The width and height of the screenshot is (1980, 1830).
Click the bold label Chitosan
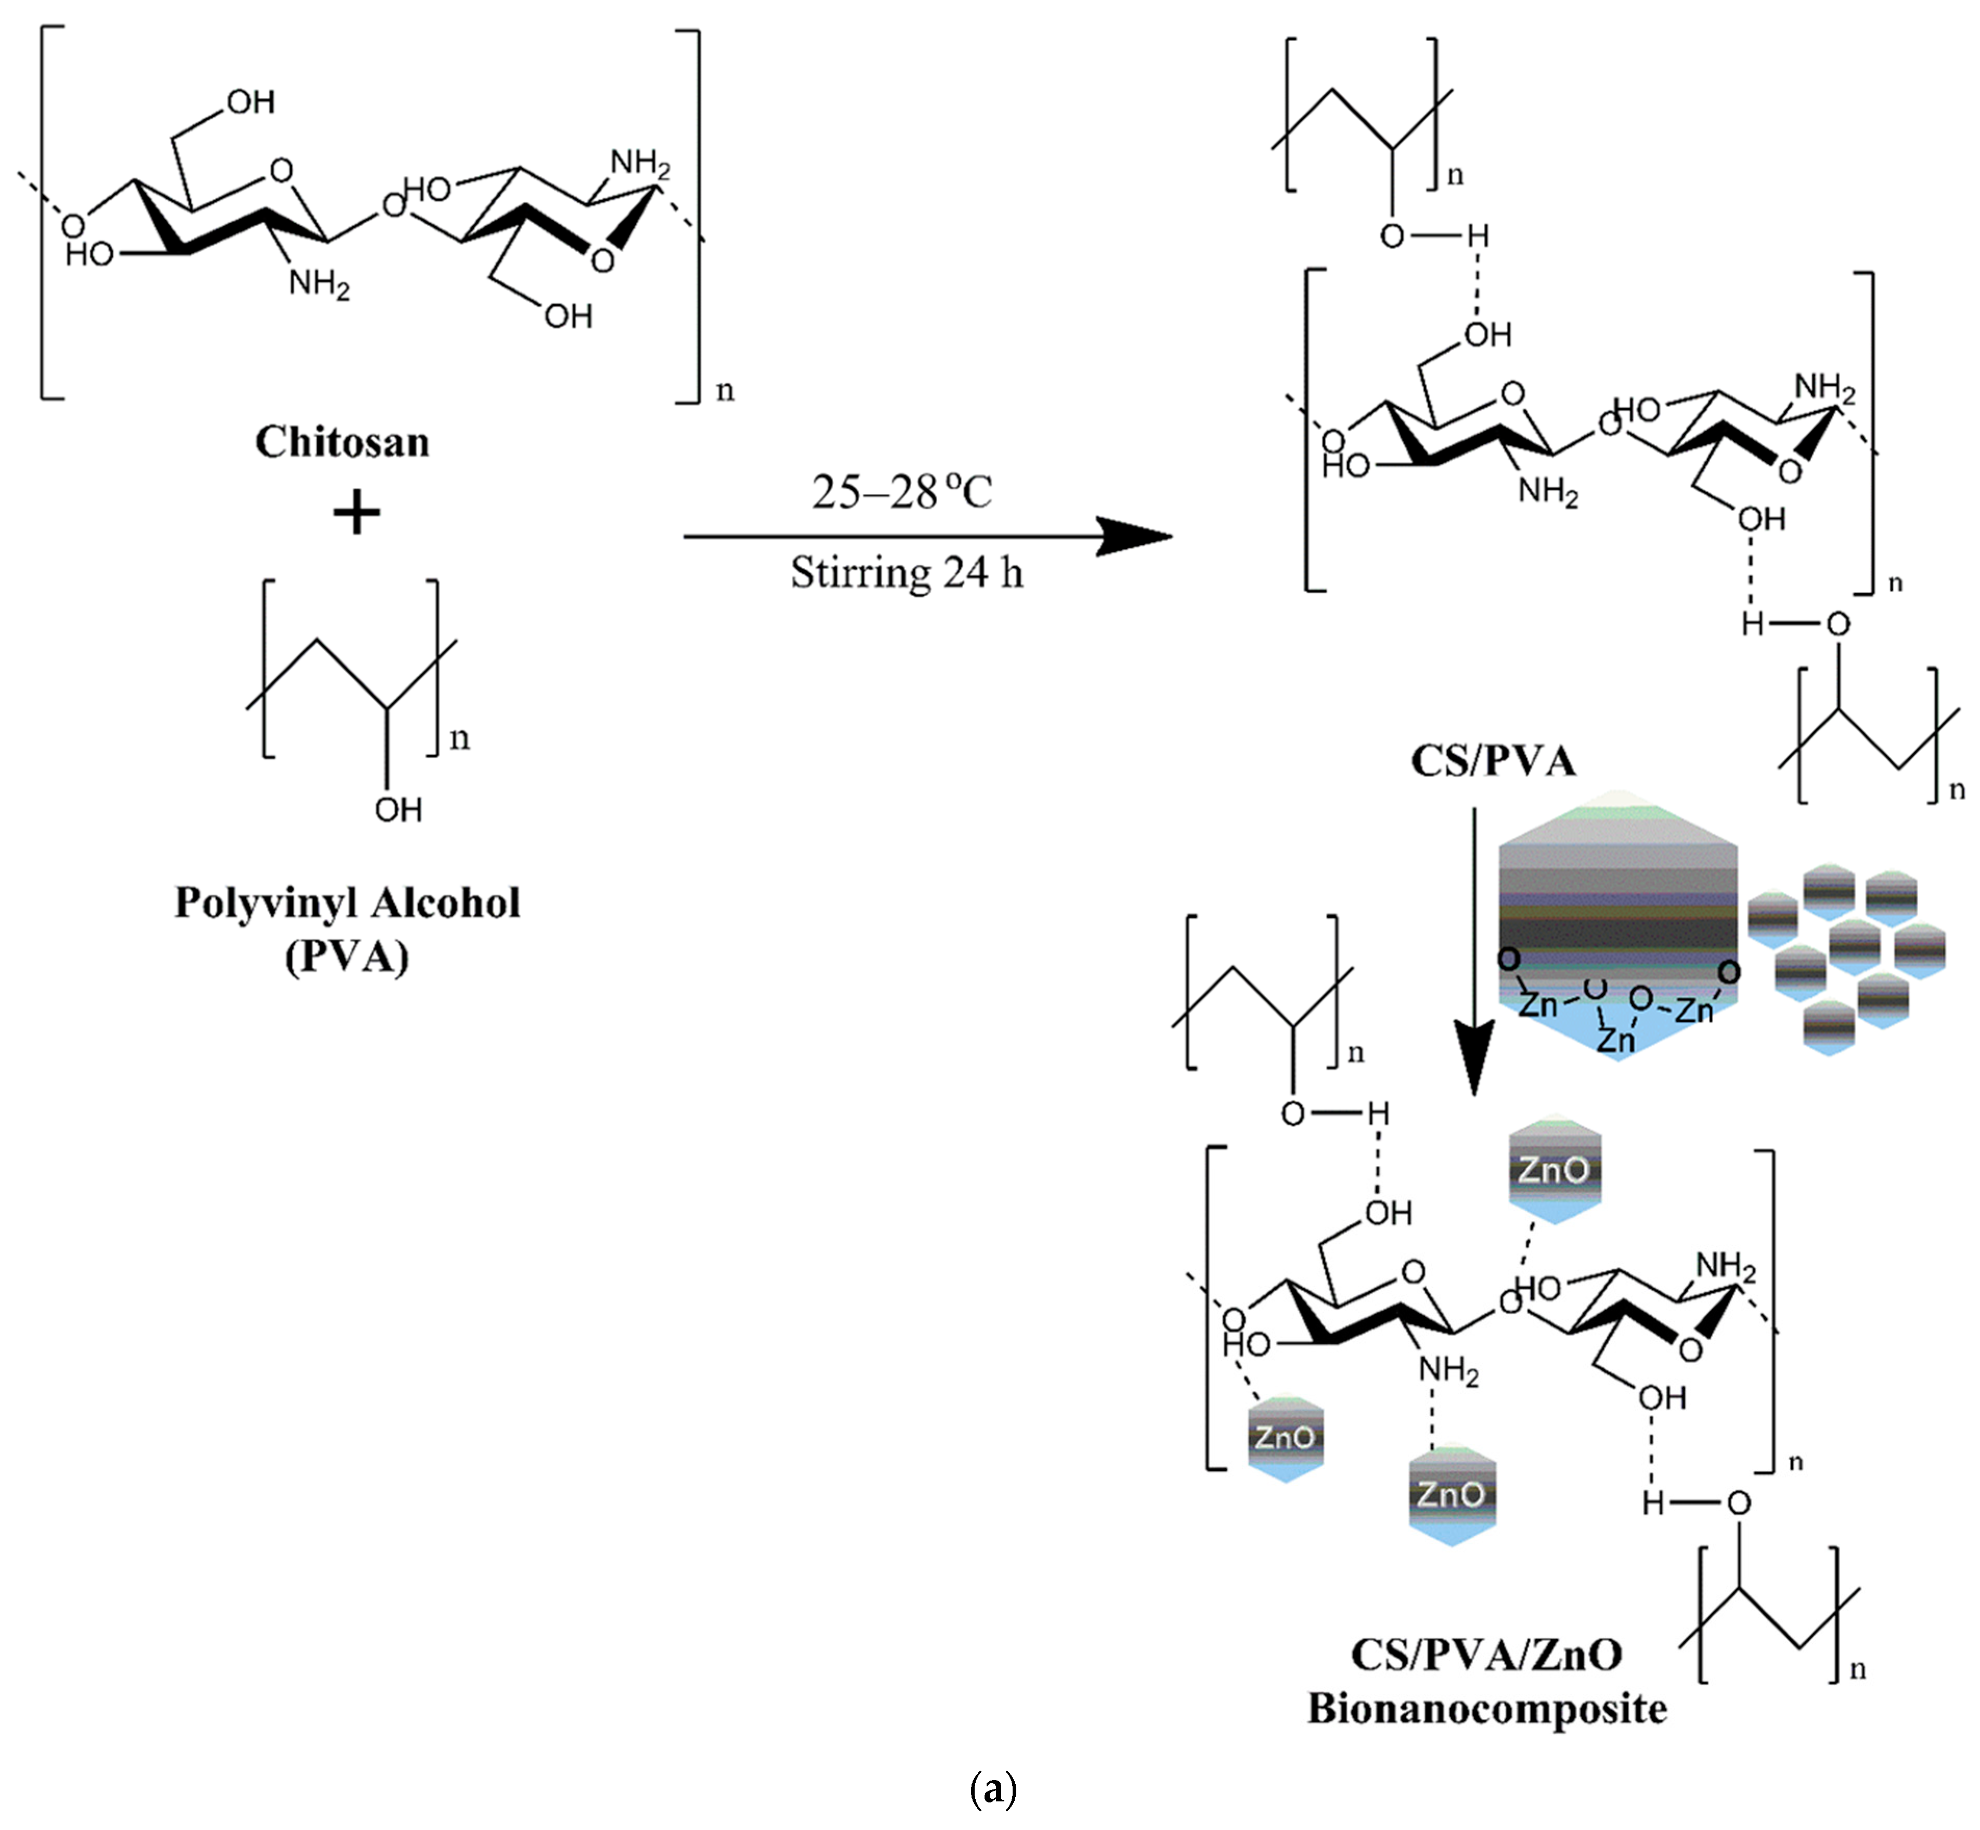[342, 442]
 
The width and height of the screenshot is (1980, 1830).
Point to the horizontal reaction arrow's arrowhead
[1139, 537]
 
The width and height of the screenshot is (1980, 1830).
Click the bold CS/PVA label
[1493, 760]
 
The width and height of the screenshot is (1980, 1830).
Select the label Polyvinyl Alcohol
[347, 902]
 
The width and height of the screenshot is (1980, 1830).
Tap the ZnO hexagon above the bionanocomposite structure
[1553, 1171]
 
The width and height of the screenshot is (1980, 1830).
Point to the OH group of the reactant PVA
[398, 810]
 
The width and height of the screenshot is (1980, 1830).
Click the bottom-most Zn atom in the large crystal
[1615, 1039]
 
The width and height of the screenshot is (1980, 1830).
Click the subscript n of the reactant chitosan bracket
[725, 391]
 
